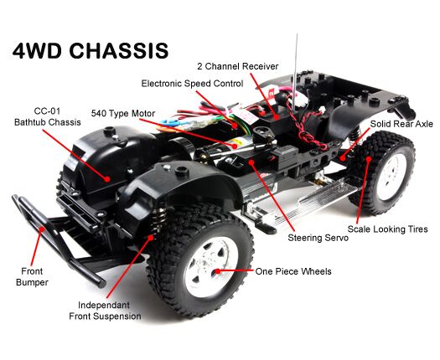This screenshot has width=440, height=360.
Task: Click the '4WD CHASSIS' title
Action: point(91,51)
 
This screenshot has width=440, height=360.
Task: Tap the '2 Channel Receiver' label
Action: point(238,66)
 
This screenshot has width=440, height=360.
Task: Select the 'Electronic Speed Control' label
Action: point(192,84)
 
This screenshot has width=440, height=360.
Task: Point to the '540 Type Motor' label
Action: point(123,114)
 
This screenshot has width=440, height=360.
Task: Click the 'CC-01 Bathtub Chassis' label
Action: point(48,116)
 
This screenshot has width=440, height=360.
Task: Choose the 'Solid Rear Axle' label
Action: point(401,124)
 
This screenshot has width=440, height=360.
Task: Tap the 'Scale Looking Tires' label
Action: point(387,229)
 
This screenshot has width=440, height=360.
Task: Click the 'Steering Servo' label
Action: point(318,238)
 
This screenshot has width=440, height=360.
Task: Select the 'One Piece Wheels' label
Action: point(293,271)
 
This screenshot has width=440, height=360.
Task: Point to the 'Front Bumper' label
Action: point(32,277)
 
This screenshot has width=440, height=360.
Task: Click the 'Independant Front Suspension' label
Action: point(105,311)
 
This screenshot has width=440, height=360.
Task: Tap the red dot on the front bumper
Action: point(42,229)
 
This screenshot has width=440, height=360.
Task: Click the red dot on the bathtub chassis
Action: point(107,178)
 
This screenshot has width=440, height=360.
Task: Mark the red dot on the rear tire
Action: point(369,159)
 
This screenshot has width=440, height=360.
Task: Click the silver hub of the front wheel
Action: point(211,266)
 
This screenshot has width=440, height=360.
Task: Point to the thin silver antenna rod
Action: point(294,72)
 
